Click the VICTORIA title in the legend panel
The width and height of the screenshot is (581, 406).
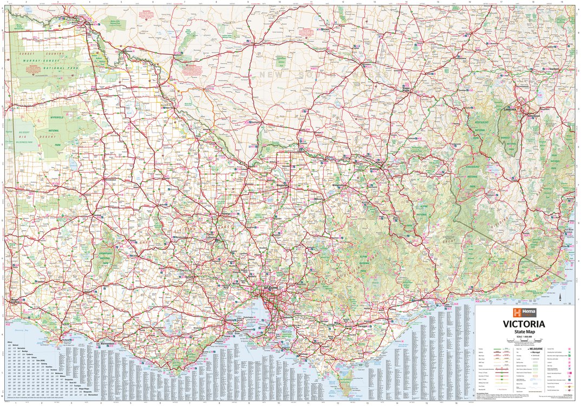[x=524, y=324]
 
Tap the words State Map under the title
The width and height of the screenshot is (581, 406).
[x=524, y=331]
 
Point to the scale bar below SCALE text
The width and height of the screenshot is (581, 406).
[x=524, y=340]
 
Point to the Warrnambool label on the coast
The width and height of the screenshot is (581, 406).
[x=104, y=343]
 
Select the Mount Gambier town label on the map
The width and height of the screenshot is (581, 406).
[x=15, y=299]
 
